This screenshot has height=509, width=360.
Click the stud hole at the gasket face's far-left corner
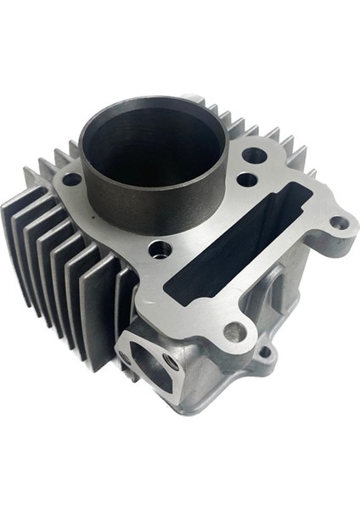pos(71,179)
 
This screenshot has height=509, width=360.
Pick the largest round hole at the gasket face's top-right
pos(254,156)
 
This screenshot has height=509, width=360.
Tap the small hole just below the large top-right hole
pos(246,180)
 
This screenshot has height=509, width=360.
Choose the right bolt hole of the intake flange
pos(172,362)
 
